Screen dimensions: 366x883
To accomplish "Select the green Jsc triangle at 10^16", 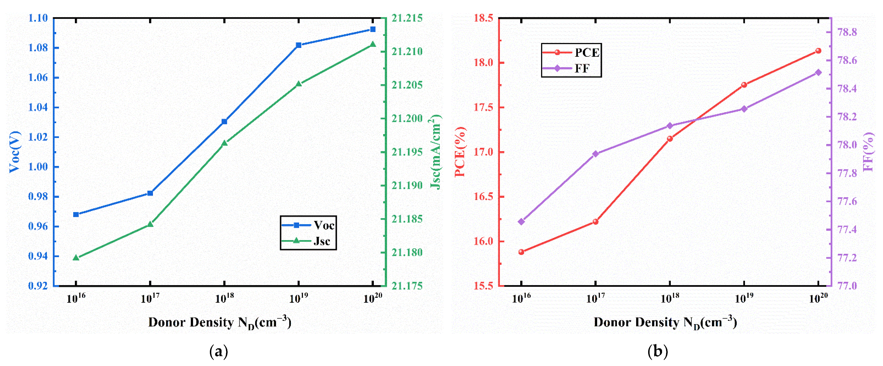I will coord(76,257).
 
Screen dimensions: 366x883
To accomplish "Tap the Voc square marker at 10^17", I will coord(150,193).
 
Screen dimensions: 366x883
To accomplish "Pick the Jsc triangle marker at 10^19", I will coord(298,84).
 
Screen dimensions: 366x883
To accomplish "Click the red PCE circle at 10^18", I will coord(670,139).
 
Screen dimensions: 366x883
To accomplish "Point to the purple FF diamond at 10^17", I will coord(595,154).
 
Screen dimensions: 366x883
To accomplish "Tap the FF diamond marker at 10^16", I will coord(521,222).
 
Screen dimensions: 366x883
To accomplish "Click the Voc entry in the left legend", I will coord(324,225).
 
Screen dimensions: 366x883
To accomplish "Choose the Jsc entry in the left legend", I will coord(321,241).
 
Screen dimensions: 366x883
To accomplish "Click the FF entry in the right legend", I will coord(582,68).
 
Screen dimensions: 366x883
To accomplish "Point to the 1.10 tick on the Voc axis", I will coord(38,18).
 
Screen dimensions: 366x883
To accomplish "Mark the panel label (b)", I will coord(657,352).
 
